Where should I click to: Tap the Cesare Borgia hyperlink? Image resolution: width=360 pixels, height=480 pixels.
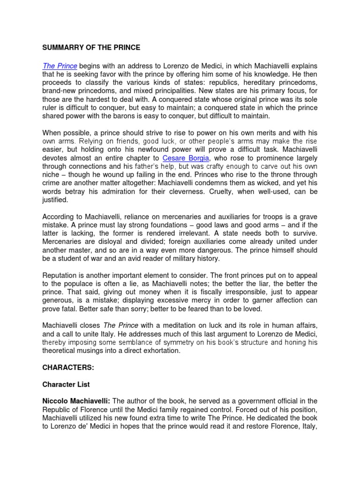point(186,158)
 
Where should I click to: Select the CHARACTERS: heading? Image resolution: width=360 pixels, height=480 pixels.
point(68,367)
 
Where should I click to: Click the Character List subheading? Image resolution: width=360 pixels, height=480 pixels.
point(66,384)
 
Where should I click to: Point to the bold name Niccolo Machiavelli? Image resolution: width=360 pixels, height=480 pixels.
point(75,401)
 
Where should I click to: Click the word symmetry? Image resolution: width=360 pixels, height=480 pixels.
point(179,342)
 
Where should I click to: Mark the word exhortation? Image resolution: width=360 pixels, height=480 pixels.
point(157,351)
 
